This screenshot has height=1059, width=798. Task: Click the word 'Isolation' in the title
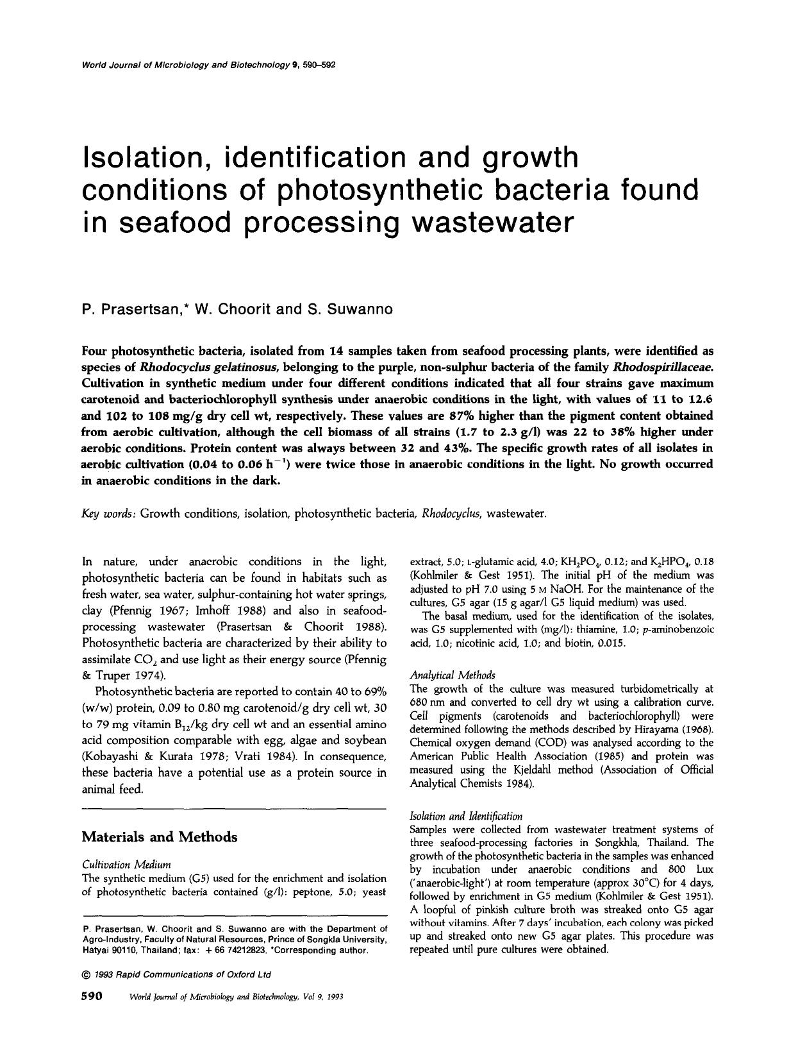coord(143,157)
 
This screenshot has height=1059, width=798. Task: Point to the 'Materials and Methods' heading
coord(160,837)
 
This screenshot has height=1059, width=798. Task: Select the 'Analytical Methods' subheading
coord(452,675)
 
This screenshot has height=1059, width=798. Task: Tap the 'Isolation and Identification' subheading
coord(465,816)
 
